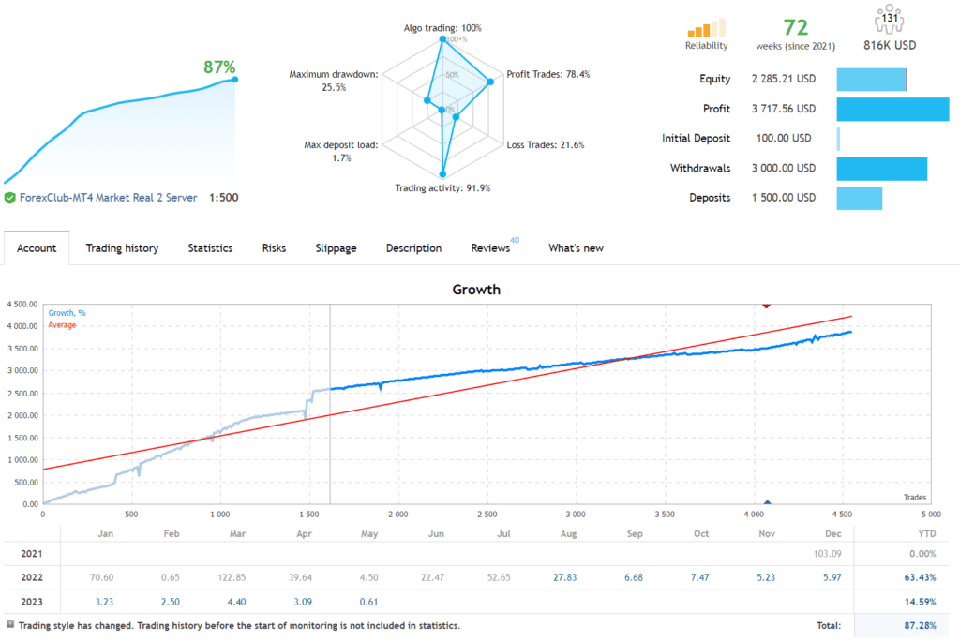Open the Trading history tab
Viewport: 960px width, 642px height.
(122, 248)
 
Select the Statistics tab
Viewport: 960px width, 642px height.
(210, 248)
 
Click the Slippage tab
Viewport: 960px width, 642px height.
(336, 248)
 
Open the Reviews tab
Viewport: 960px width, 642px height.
(490, 248)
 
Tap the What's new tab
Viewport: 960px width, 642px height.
(576, 248)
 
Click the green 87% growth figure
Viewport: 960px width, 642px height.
(219, 67)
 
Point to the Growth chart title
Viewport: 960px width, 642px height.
(476, 290)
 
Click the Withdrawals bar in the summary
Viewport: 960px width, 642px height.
(881, 169)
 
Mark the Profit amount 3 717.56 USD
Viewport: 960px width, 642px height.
(783, 109)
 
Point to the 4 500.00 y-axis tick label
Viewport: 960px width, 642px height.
(22, 304)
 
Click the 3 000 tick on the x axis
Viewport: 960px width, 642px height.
(576, 515)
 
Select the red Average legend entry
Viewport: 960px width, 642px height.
(62, 325)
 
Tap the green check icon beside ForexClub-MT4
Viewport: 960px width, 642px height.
(9, 198)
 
